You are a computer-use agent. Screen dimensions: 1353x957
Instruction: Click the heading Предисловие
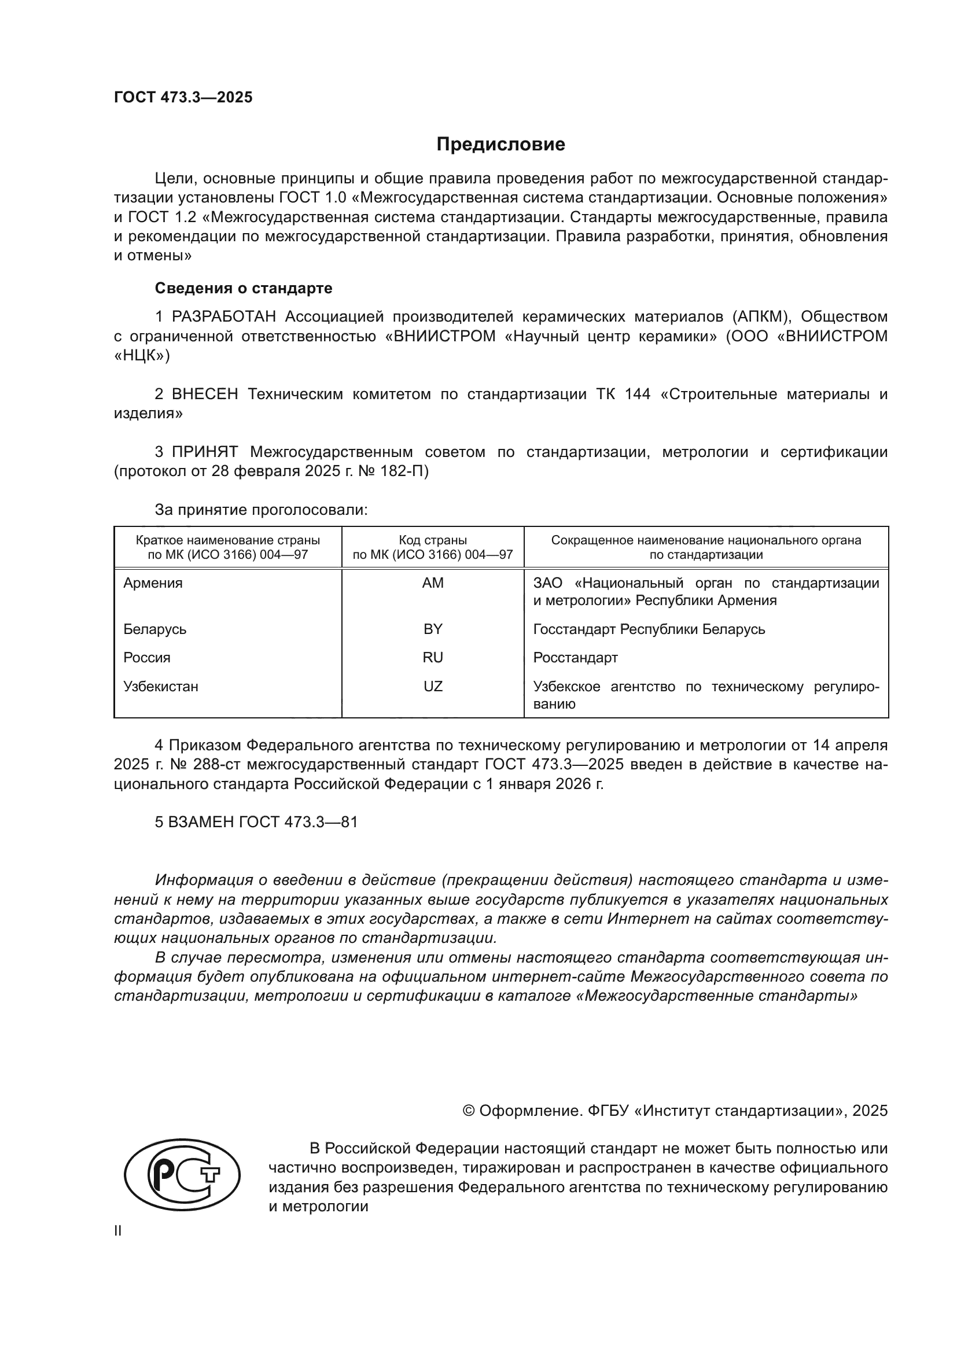point(500,145)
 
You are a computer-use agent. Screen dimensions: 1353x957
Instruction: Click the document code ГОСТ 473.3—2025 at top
point(183,97)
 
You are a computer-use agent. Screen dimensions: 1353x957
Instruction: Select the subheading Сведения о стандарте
point(244,288)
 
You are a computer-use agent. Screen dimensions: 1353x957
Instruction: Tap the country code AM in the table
point(433,583)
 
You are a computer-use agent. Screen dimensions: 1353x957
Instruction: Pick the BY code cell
point(433,629)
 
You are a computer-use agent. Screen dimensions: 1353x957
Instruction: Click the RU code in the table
point(433,657)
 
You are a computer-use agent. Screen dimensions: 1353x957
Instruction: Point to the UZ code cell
point(433,686)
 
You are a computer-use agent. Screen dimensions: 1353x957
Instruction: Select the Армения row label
point(153,583)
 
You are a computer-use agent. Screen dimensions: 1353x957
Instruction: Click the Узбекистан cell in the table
point(161,686)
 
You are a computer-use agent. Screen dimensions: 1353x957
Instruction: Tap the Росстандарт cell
point(575,657)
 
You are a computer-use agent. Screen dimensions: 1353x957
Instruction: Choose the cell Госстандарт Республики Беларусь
point(649,629)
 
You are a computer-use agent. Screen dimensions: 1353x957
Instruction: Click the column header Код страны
point(433,540)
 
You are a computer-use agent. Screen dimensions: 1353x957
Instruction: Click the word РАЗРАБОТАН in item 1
point(224,316)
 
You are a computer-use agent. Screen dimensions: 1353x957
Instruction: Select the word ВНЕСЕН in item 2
point(204,394)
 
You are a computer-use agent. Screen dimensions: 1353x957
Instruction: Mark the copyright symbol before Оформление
point(469,1111)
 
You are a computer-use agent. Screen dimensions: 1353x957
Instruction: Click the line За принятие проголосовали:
point(261,509)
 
